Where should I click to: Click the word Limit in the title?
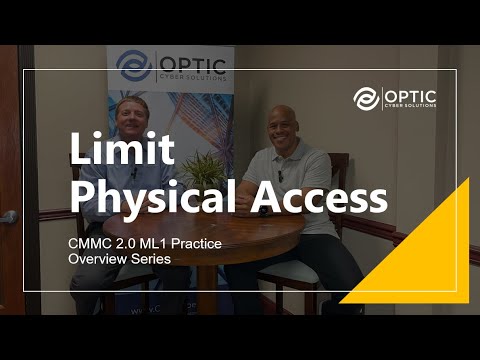[x=120, y=149]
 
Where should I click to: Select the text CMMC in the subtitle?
[x=91, y=243]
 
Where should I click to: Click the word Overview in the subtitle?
[x=96, y=259]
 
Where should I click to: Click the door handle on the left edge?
[x=8, y=216]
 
